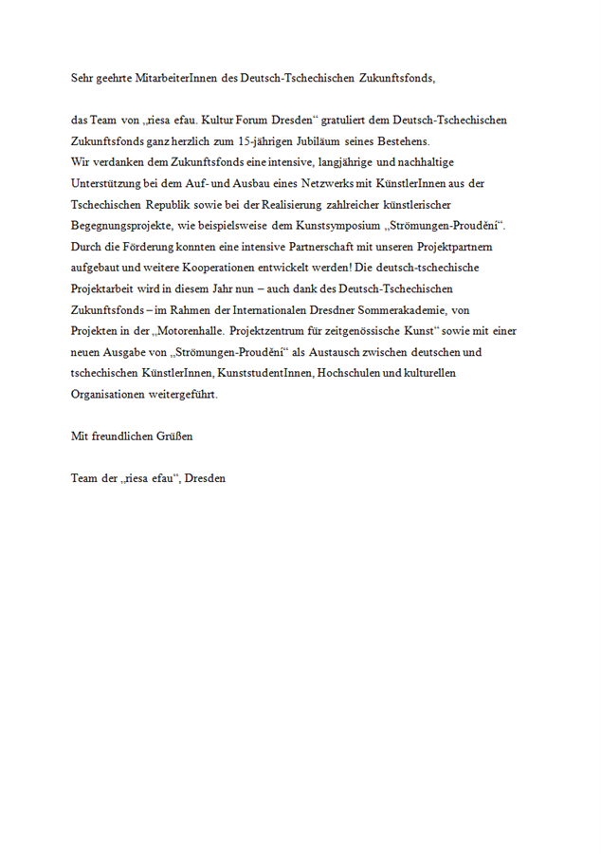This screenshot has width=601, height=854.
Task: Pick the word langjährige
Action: point(353,162)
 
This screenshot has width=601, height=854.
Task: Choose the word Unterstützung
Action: point(110,183)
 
